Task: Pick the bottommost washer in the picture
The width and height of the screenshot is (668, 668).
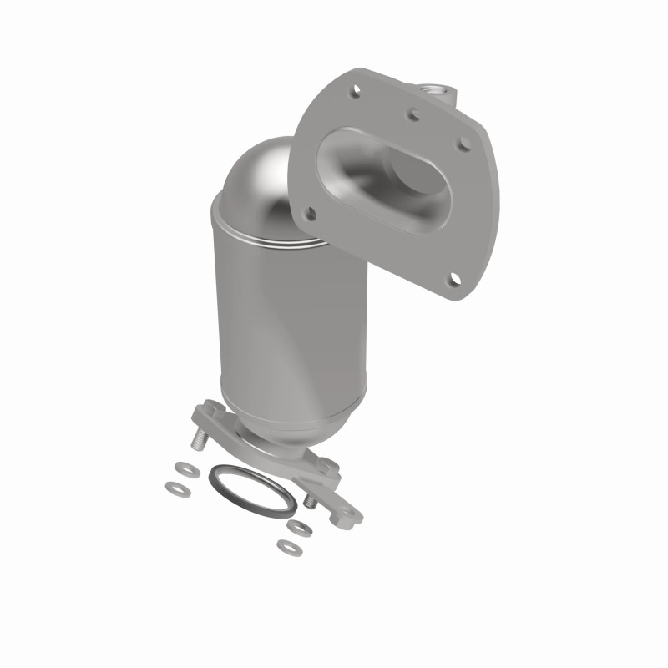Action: [x=289, y=548]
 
